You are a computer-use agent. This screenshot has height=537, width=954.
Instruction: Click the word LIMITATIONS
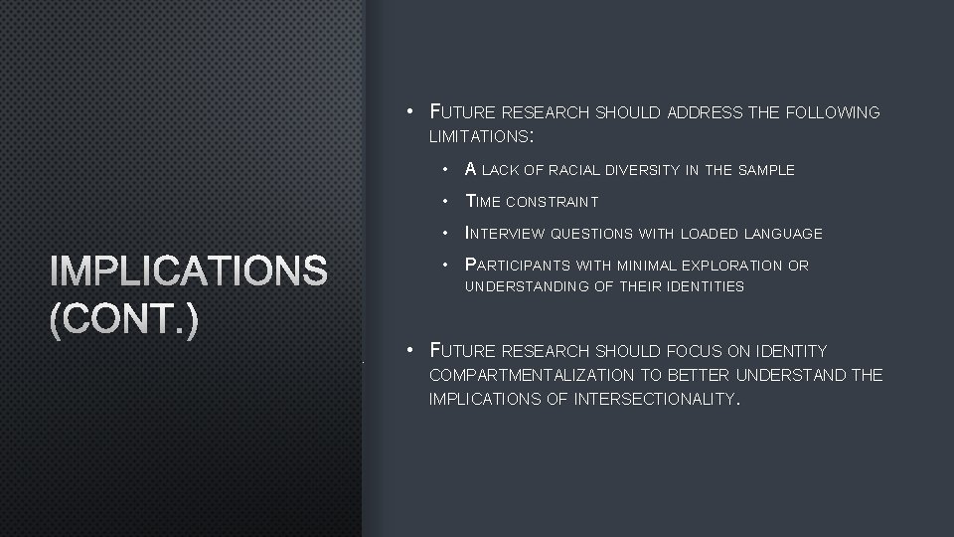click(x=480, y=135)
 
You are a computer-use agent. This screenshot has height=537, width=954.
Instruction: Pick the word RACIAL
click(x=589, y=170)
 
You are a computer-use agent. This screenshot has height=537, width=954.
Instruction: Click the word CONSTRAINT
click(x=552, y=202)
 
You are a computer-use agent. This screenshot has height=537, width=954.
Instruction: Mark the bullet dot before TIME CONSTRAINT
click(x=448, y=202)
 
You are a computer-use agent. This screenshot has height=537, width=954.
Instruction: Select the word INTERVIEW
click(x=505, y=234)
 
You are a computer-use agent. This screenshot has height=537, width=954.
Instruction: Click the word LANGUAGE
click(x=786, y=234)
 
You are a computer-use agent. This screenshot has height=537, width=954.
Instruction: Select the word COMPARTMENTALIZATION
click(x=531, y=375)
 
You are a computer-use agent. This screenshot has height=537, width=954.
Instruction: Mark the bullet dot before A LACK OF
click(x=448, y=170)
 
